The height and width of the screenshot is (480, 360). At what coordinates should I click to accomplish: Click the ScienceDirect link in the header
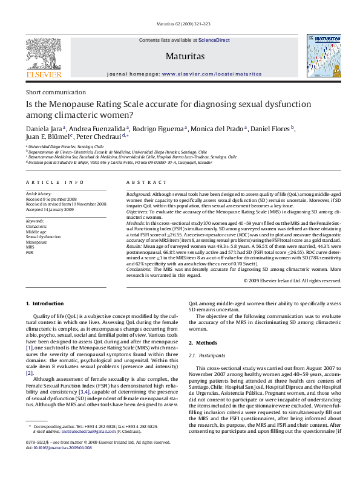214,40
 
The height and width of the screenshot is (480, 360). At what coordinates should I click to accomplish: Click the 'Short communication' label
56,92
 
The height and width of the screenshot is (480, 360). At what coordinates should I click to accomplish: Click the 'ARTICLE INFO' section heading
55,181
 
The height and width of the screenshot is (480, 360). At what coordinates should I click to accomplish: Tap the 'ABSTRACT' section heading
146,181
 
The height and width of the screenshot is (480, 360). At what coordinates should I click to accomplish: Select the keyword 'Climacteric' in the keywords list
37,226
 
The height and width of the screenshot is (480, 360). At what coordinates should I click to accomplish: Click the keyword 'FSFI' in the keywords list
30,251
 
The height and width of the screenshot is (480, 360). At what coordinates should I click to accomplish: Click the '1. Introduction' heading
45,303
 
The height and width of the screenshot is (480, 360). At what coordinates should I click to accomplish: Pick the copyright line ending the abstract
292,281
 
